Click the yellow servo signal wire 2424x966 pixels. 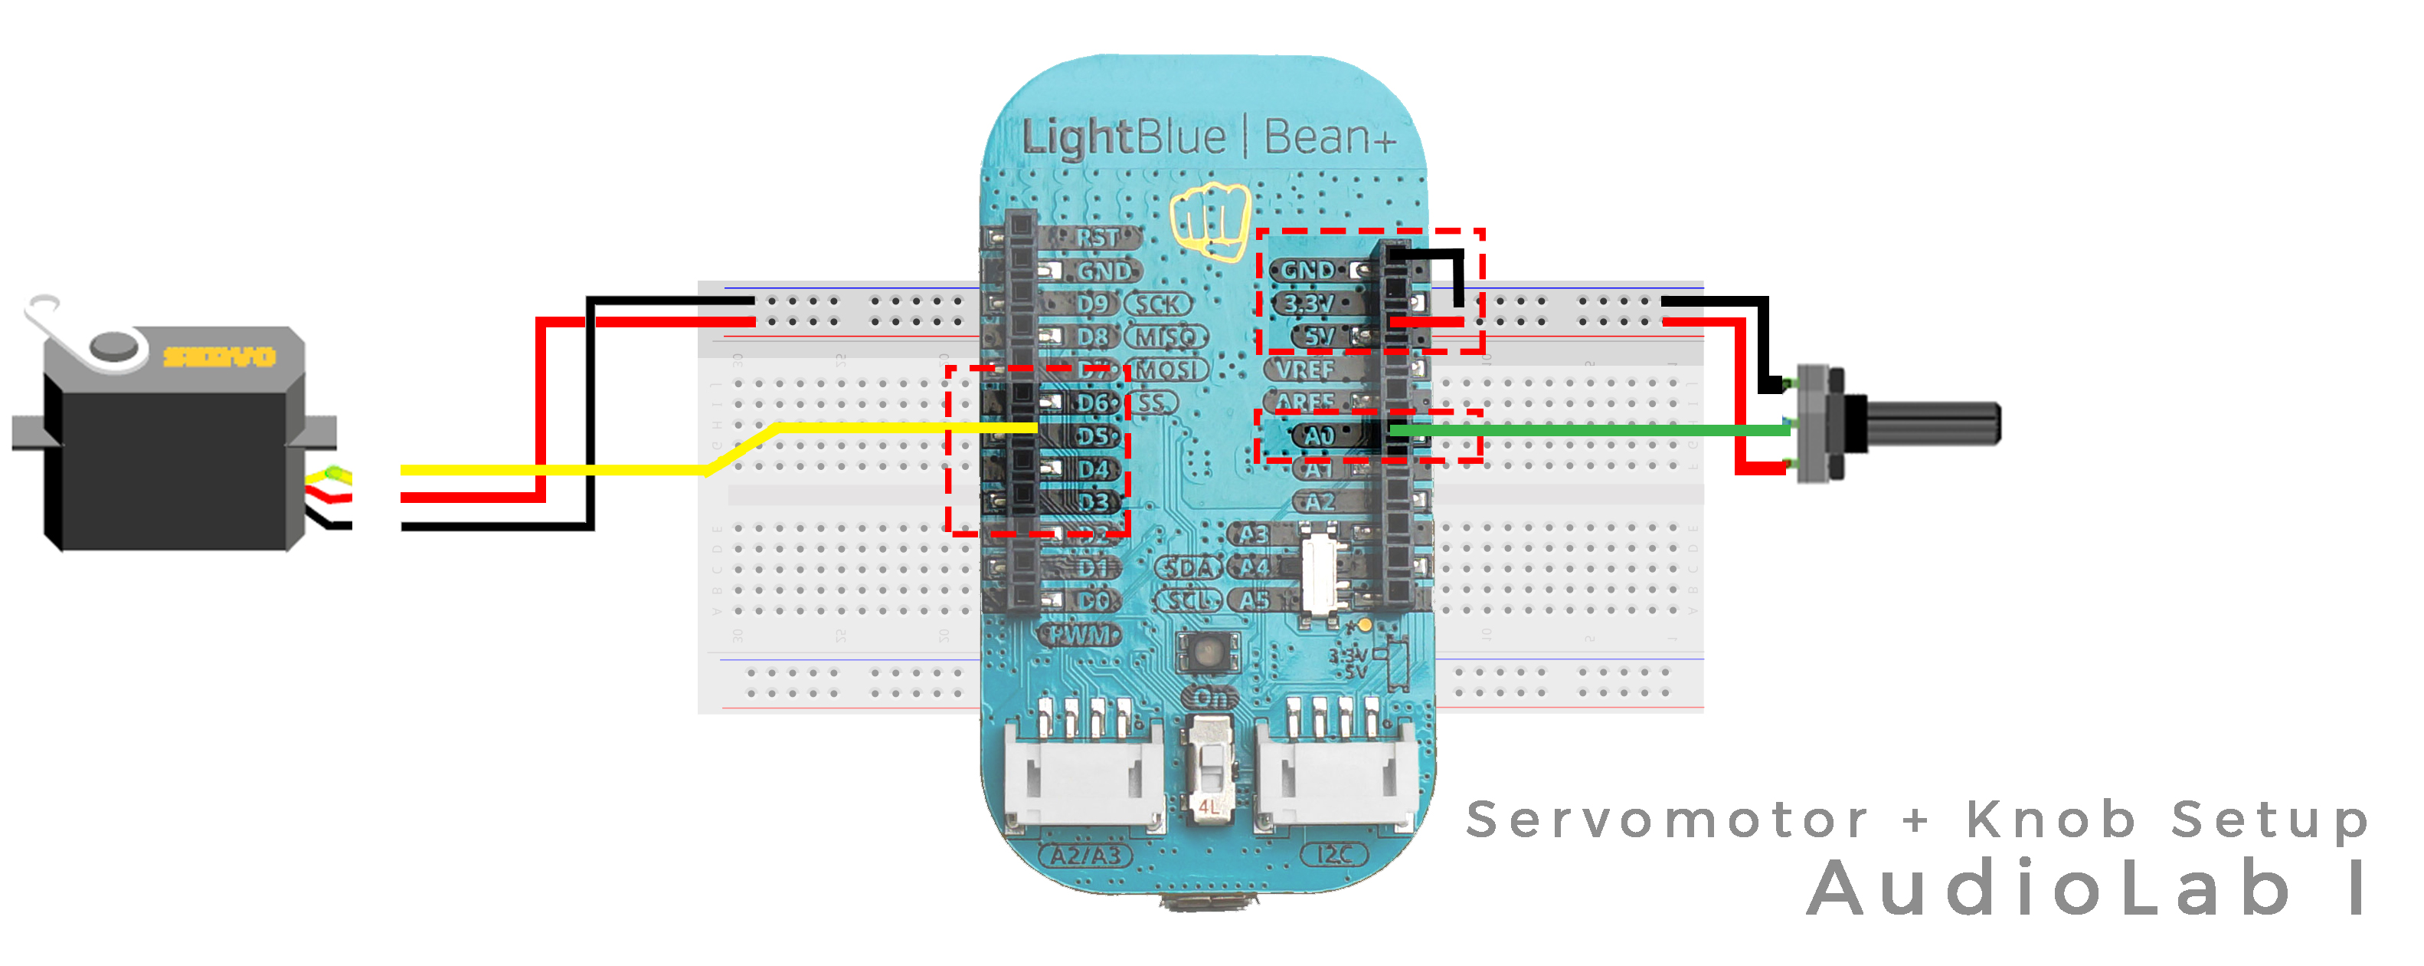(564, 469)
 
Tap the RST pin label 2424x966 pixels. (1098, 237)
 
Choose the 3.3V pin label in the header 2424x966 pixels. (1309, 303)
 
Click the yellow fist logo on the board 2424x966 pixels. (1210, 222)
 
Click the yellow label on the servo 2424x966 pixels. (219, 356)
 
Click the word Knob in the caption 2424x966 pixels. (2051, 819)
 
